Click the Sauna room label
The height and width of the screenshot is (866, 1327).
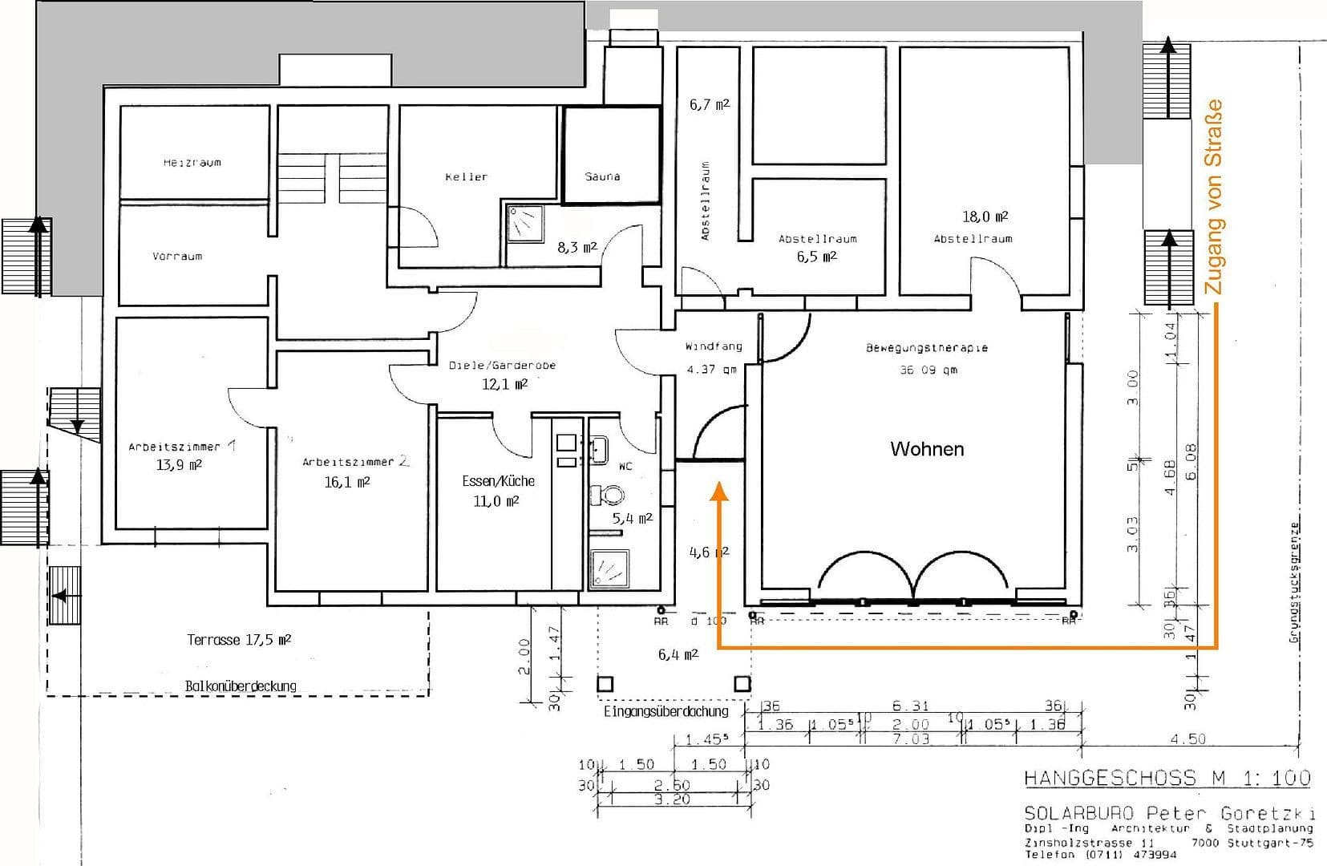(602, 176)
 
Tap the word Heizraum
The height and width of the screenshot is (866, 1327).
(192, 162)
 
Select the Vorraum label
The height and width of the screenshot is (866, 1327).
(177, 257)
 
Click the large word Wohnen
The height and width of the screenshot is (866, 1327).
(927, 449)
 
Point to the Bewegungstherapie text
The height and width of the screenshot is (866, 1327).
(926, 348)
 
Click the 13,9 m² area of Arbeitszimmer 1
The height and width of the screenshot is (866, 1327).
(179, 464)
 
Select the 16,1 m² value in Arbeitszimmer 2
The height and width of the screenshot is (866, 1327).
(347, 482)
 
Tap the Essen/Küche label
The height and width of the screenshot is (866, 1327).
(498, 481)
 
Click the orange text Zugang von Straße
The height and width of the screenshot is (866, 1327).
(1214, 196)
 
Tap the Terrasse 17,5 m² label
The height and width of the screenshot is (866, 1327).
(238, 640)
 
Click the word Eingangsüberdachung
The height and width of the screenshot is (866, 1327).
(666, 711)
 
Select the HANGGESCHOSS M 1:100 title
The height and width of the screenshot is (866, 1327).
(1167, 778)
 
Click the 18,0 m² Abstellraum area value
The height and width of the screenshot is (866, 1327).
(985, 216)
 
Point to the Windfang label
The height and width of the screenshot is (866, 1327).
(713, 347)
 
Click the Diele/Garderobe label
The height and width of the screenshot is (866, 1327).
(502, 366)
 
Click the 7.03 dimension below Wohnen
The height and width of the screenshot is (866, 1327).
(911, 739)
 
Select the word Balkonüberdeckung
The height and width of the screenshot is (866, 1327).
(241, 686)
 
